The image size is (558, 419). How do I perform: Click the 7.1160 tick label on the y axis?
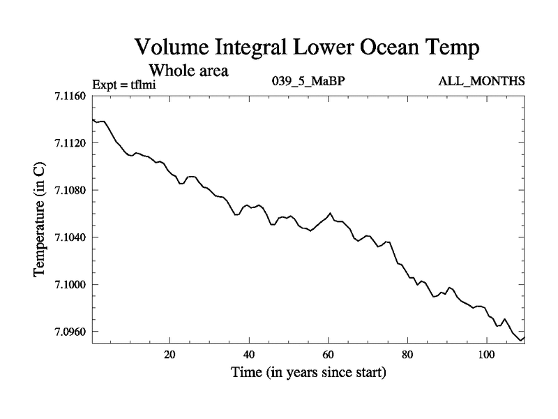70,96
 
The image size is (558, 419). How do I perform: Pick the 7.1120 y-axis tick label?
70,143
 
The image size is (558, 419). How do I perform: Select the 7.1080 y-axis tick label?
70,191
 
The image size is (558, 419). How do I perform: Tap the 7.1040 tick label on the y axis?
70,237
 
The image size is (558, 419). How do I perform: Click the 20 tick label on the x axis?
169,354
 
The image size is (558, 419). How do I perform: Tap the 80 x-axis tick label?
407,354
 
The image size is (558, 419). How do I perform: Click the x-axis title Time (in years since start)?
308,373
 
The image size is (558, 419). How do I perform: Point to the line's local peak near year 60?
330,213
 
